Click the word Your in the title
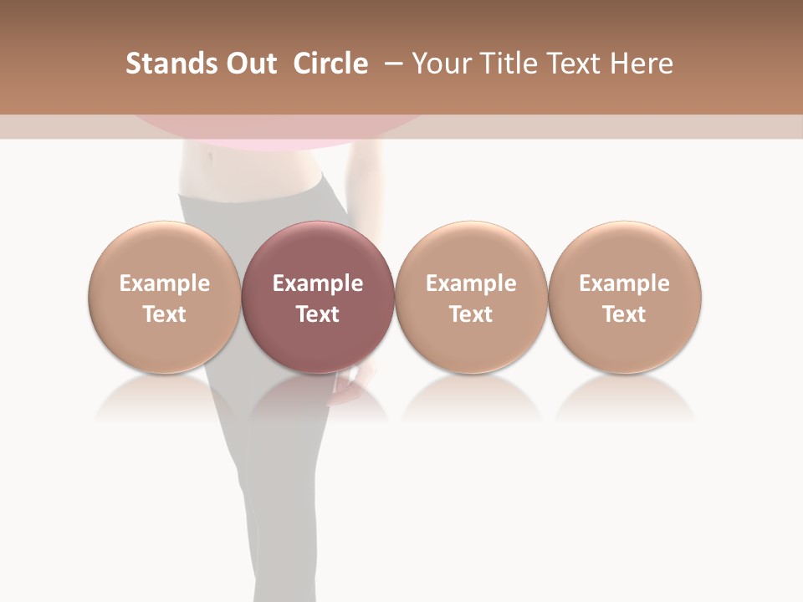[442, 64]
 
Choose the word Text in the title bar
[578, 64]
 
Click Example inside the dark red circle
[318, 283]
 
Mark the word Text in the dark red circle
[318, 314]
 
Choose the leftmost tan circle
[165, 251]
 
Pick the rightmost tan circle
[625, 251]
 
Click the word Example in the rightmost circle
[625, 283]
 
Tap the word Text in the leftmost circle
[165, 314]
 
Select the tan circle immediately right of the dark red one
[471, 251]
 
